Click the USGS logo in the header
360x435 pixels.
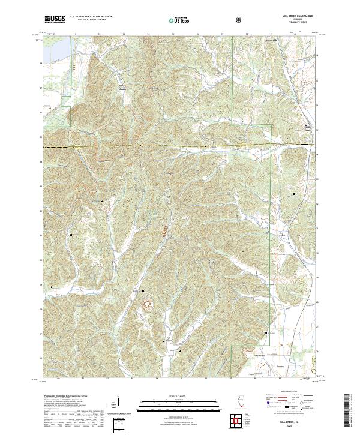[55, 20]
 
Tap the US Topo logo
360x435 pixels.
[178, 20]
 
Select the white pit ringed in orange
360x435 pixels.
[146, 307]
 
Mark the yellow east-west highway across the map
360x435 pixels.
[180, 146]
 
